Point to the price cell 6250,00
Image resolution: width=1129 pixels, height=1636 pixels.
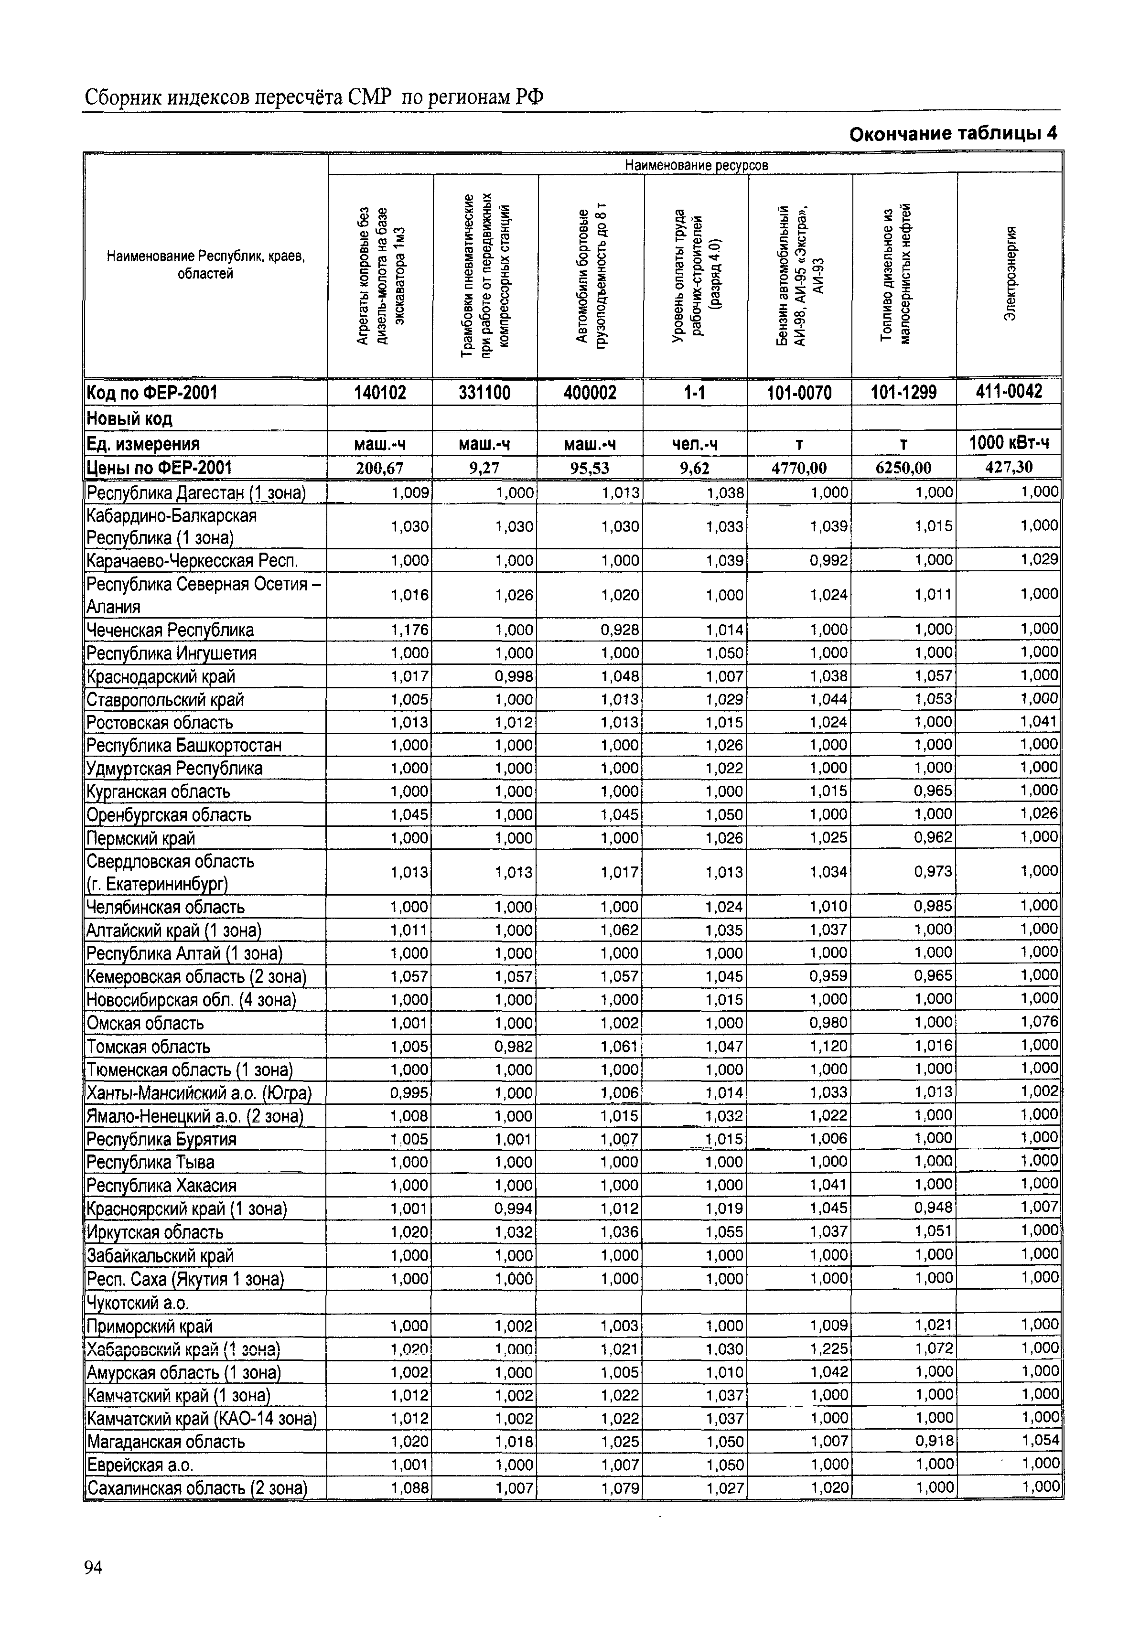903,467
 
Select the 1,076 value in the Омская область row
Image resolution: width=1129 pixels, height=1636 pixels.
1039,1022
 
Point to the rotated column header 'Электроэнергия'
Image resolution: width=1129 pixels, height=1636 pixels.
1011,273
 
